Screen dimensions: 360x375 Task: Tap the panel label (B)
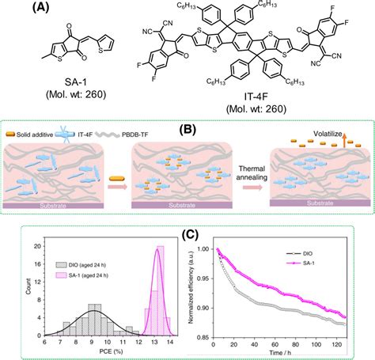tap(188, 129)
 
